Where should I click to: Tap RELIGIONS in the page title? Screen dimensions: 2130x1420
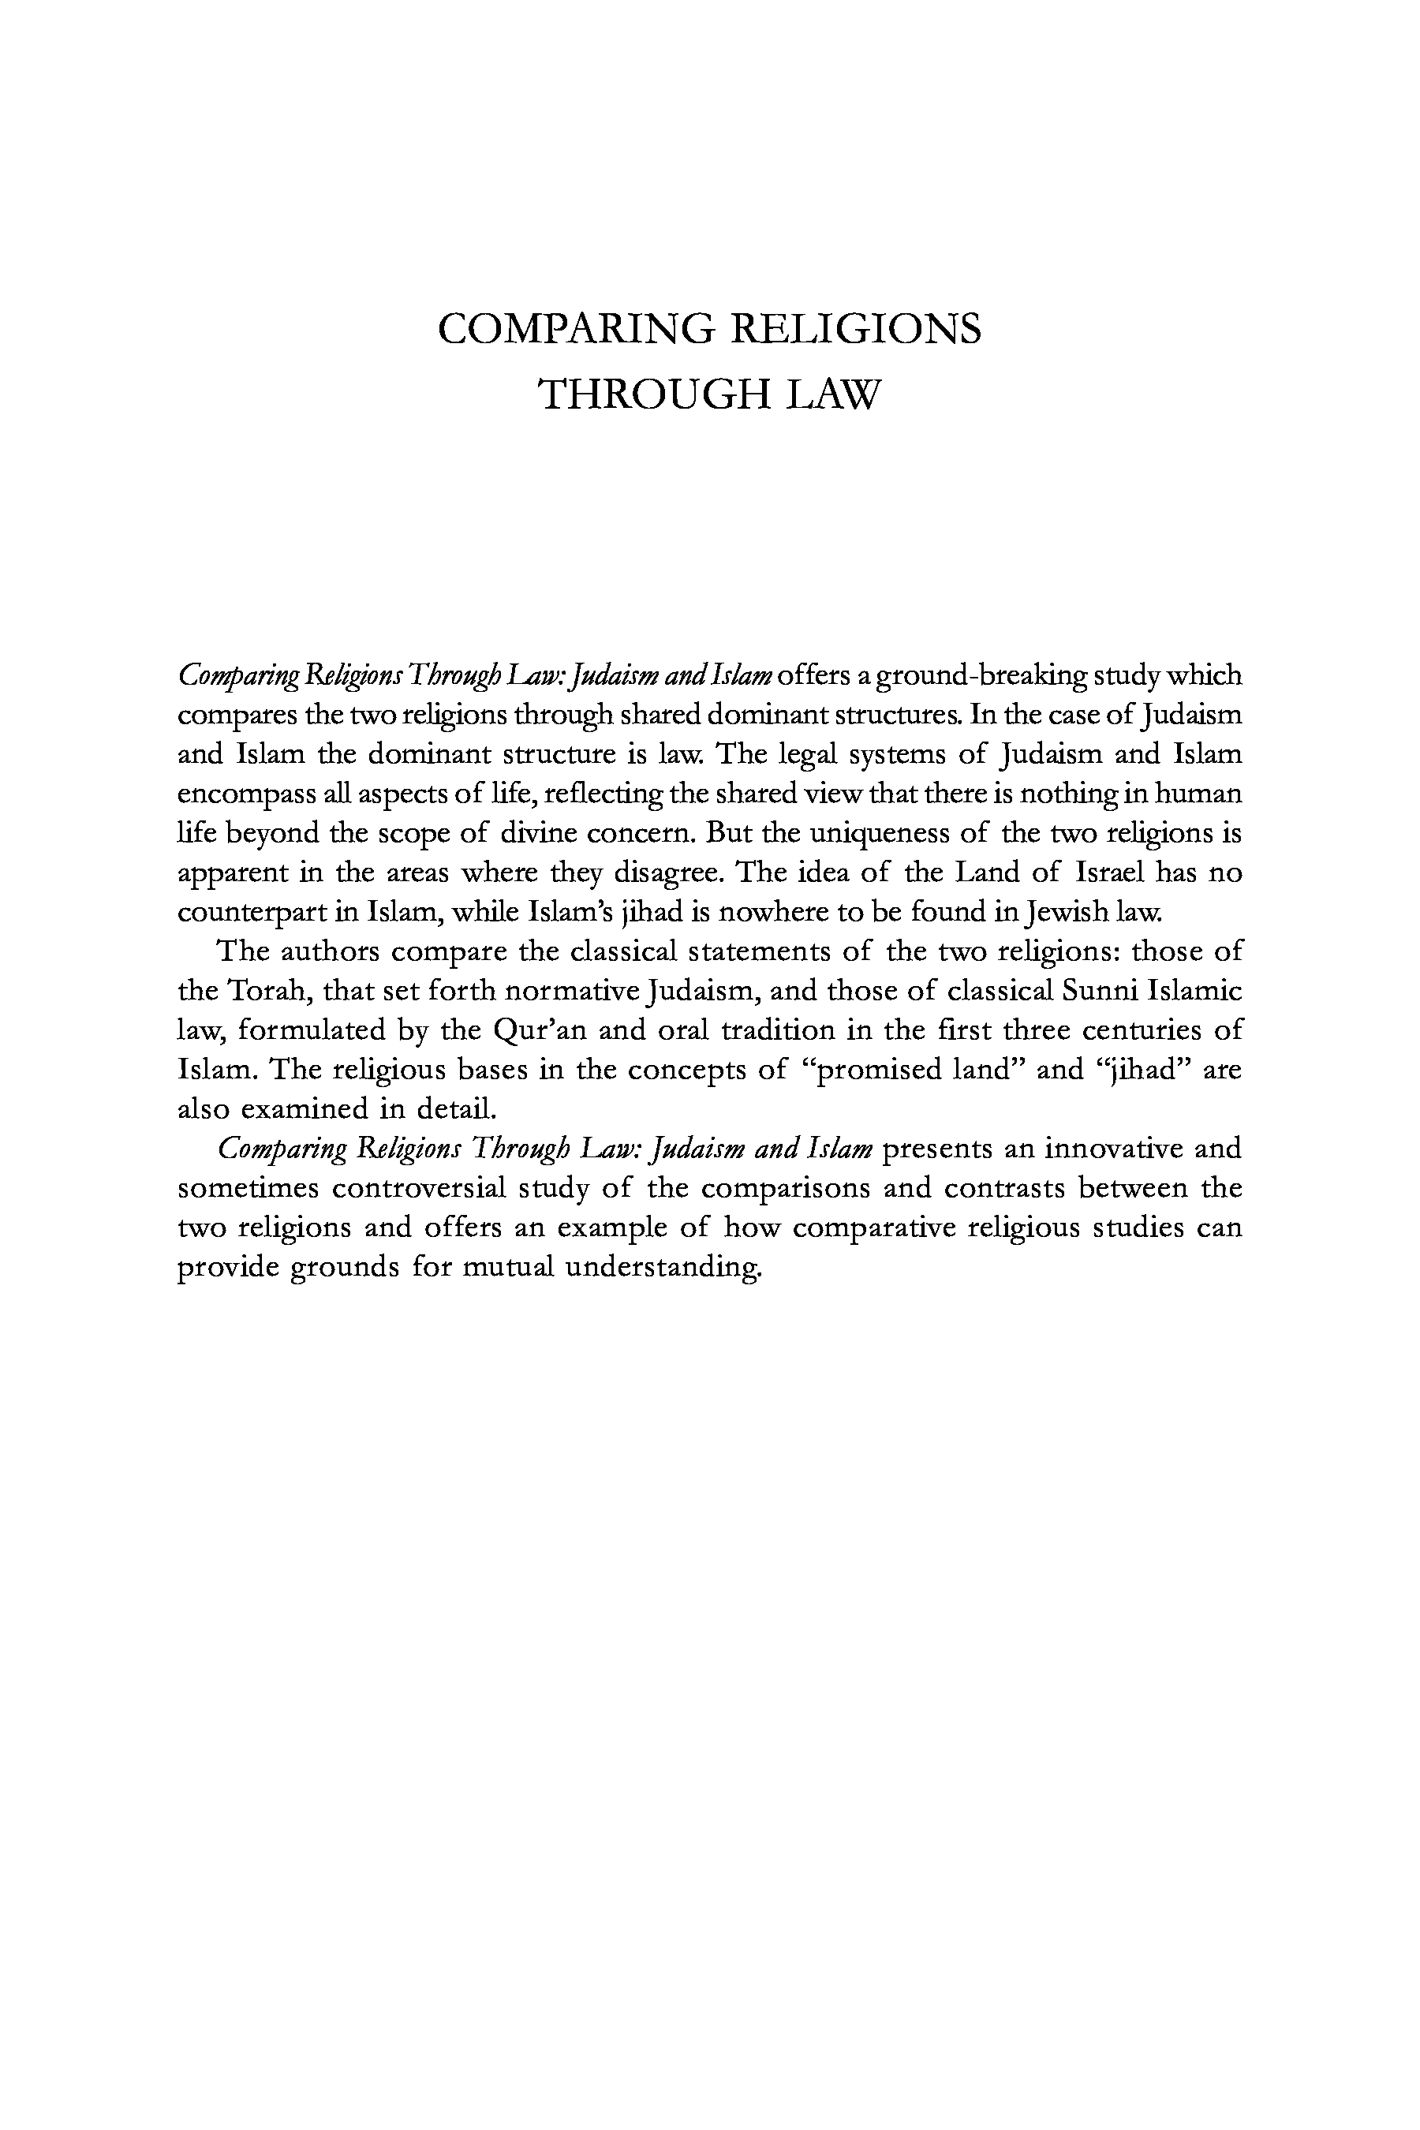click(855, 329)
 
